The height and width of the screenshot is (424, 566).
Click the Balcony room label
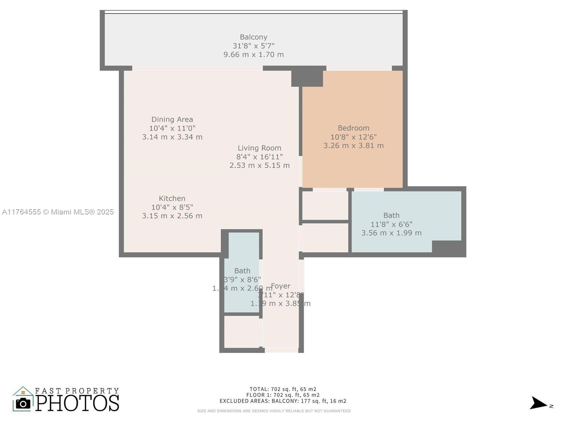(x=253, y=37)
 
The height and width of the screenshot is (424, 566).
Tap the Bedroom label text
(x=353, y=128)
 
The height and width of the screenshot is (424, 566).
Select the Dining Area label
(x=172, y=119)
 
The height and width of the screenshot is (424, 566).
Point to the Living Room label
(x=259, y=148)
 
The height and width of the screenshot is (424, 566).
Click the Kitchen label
(x=172, y=199)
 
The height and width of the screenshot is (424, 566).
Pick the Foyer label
(x=281, y=286)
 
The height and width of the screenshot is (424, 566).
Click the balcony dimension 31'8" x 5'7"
(x=253, y=46)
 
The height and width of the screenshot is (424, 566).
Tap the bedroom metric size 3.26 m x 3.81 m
(x=353, y=146)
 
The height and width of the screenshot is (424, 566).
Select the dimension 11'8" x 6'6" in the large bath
(x=391, y=224)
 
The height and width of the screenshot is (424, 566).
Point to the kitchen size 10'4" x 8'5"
(x=172, y=207)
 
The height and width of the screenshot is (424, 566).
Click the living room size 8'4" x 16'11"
(x=259, y=157)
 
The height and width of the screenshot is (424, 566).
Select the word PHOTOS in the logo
(x=77, y=403)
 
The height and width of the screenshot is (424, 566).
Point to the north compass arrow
(x=538, y=403)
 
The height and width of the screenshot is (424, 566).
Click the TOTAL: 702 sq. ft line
(x=283, y=389)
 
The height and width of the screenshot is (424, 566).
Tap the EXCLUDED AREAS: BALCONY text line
(x=283, y=401)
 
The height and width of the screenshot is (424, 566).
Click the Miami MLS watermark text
(x=58, y=212)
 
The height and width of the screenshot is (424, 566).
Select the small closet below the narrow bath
(x=242, y=331)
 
